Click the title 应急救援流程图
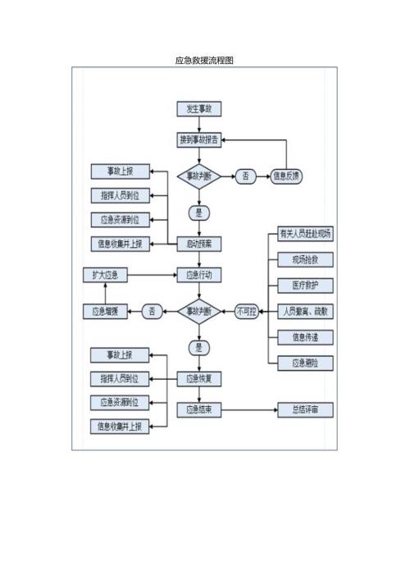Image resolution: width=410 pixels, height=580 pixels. click(205, 61)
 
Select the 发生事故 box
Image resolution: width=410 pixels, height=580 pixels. click(199, 109)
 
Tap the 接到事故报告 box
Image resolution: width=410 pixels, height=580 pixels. click(199, 140)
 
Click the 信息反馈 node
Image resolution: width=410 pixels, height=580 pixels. click(287, 176)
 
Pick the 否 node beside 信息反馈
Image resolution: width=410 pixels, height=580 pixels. click(246, 176)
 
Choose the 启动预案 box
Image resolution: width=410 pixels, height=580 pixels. click(199, 244)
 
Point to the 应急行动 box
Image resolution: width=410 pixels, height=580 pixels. click(199, 275)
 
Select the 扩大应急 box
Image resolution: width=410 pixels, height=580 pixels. click(106, 275)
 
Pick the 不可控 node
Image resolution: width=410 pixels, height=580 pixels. click(246, 311)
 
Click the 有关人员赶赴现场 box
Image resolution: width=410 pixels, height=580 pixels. click(306, 235)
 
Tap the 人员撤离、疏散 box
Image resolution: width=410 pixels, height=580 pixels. click(306, 311)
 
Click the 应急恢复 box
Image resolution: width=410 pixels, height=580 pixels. click(199, 378)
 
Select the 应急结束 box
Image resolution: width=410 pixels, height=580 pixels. click(199, 409)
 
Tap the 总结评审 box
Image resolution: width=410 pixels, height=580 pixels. click(306, 409)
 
